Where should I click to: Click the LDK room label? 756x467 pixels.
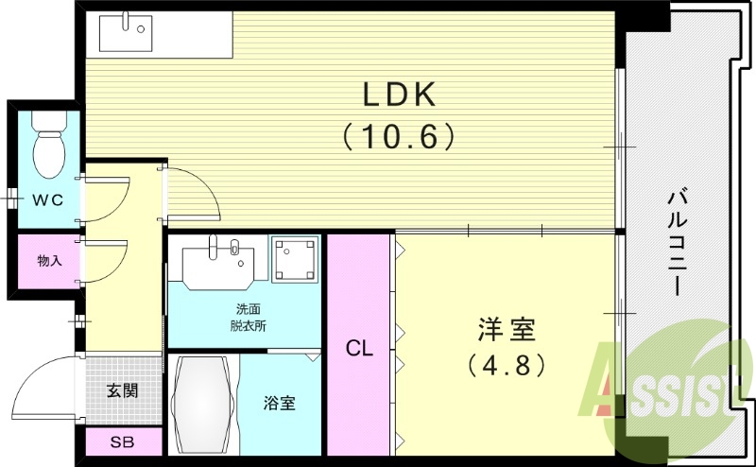pos(398,95)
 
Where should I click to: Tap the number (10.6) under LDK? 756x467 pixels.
pos(398,137)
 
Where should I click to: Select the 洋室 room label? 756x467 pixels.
pos(506,331)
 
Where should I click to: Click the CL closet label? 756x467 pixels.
pos(359,348)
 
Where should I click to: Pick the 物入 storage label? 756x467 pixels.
pos(49,260)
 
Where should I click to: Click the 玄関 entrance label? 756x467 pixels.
pos(122,389)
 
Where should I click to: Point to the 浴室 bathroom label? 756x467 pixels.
pos(279,404)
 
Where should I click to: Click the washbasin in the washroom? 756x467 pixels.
pos(217,262)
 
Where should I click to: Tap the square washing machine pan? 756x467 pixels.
pos(296,260)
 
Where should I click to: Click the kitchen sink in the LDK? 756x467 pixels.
pos(125,35)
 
